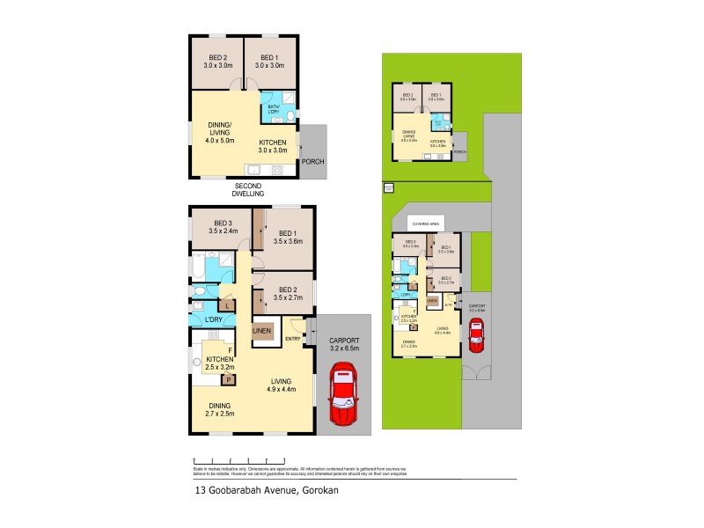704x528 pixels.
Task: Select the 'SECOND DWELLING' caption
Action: (248, 189)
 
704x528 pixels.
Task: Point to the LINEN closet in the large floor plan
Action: (262, 331)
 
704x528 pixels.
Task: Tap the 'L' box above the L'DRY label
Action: (228, 304)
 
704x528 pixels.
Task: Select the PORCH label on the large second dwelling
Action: (313, 162)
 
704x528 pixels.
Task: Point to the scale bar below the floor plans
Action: (238, 459)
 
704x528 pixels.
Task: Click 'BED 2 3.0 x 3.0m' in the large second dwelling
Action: (216, 62)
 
